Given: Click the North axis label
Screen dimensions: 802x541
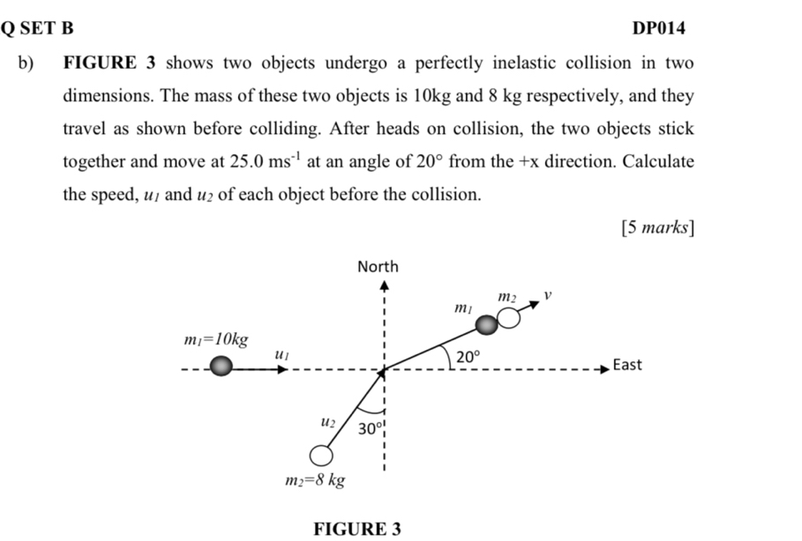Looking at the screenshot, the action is [x=378, y=267].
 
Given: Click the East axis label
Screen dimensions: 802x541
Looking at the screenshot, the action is [x=627, y=365].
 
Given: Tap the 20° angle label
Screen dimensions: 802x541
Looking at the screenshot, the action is [x=468, y=356].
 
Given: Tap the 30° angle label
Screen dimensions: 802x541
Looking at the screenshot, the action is [x=371, y=428].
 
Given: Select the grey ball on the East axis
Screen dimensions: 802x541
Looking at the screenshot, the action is [x=221, y=367].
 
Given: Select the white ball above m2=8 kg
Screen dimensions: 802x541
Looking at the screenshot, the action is [x=321, y=456].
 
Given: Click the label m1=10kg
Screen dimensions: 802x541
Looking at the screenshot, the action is [x=216, y=340].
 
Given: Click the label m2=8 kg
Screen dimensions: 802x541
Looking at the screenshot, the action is [x=315, y=480].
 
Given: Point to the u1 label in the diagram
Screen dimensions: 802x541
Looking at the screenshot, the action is [x=281, y=354].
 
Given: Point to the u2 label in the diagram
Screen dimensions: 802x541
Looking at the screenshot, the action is [x=328, y=422].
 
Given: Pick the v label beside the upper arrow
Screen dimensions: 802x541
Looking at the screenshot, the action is [x=547, y=295].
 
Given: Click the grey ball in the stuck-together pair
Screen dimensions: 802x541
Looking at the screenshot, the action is [x=486, y=324].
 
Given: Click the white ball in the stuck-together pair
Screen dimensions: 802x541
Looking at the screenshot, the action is [x=509, y=318].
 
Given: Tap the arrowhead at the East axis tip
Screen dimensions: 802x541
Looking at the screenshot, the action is [x=605, y=369].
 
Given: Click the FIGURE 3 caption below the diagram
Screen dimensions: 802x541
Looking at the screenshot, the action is [x=357, y=530].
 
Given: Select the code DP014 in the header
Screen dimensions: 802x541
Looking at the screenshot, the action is [x=659, y=28].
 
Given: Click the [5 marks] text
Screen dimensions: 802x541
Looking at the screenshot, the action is [x=658, y=227].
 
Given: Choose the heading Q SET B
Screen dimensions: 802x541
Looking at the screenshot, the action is [x=37, y=28].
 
